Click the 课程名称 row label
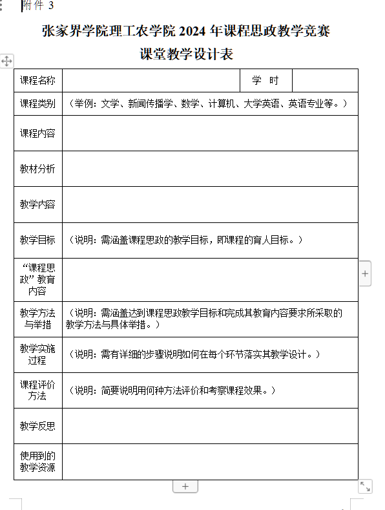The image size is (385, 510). click(37, 81)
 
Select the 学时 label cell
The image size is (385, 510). click(265, 81)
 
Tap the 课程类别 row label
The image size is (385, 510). click(37, 103)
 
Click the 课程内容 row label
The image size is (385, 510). click(37, 133)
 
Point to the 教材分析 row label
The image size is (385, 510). click(37, 169)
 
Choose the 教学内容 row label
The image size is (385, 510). click(37, 204)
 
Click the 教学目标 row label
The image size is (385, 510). click(37, 240)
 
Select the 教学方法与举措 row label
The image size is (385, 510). click(37, 319)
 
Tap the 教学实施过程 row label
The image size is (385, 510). click(37, 354)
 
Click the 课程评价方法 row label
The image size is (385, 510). click(37, 390)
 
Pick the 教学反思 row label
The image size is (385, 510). click(37, 426)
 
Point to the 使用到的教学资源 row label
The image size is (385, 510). click(37, 462)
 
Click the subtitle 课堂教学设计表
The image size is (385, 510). click(186, 54)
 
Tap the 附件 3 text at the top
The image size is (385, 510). click(38, 6)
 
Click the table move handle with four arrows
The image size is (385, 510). click(6, 61)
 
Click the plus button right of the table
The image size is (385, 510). click(365, 274)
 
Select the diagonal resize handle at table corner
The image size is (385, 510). click(365, 486)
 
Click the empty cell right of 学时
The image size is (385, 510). click(325, 81)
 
